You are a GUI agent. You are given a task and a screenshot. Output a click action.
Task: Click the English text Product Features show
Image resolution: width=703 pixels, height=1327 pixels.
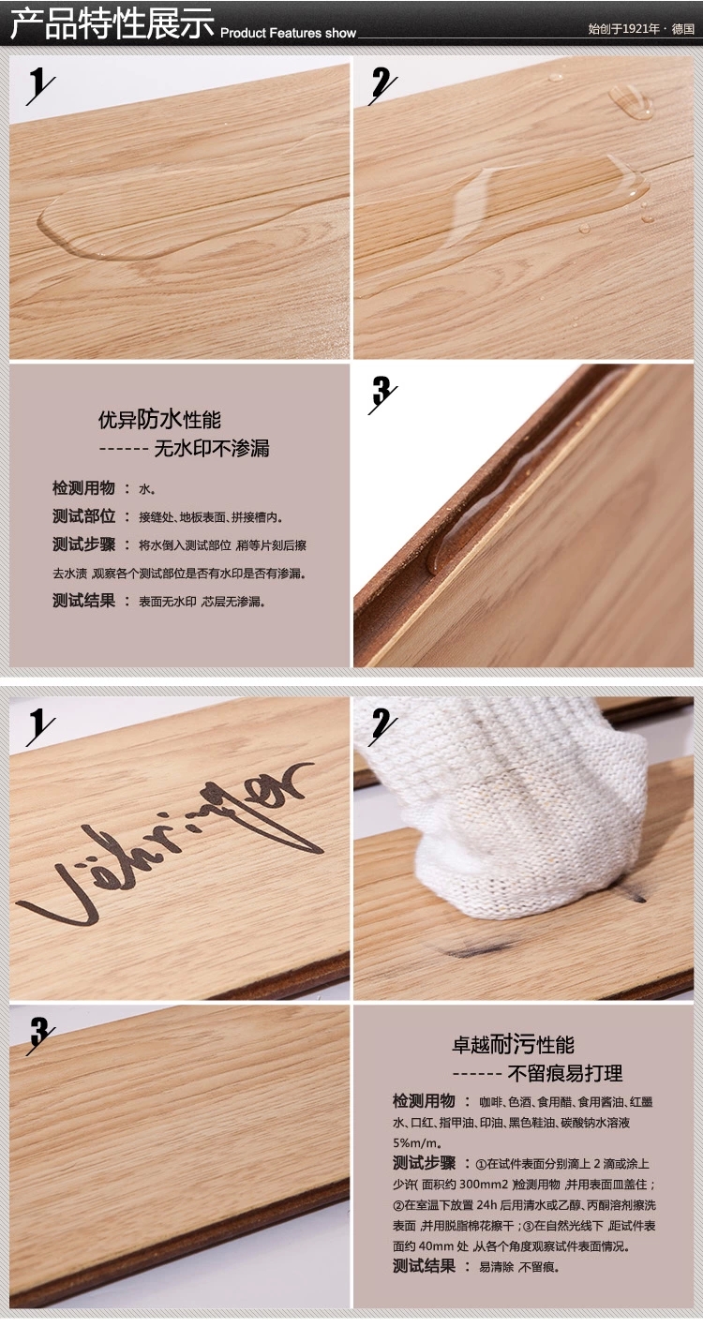[x=288, y=33]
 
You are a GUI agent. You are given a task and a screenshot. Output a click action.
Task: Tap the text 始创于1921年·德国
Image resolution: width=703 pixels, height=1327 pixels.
[x=641, y=29]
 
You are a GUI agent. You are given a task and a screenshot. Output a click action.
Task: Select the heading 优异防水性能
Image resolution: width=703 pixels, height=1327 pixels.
[x=159, y=420]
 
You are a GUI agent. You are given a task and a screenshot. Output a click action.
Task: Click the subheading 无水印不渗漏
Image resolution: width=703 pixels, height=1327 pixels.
[x=212, y=448]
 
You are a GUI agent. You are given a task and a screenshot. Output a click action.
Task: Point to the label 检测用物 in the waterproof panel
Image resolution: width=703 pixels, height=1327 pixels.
[x=83, y=488]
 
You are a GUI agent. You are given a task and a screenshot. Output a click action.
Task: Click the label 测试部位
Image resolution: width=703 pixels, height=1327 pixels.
[x=83, y=516]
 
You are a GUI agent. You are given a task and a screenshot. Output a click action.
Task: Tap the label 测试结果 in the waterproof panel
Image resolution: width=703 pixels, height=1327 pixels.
[x=83, y=601]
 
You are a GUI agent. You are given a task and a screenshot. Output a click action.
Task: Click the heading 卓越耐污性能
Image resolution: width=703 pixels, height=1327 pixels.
[x=513, y=1044]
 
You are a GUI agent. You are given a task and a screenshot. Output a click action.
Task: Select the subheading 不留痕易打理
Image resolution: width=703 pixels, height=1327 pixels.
[x=565, y=1073]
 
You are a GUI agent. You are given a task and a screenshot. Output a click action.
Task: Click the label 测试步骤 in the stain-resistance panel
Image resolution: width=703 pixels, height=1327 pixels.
[x=424, y=1163]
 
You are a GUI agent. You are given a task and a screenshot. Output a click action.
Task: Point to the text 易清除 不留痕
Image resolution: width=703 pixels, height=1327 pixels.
[x=519, y=1267]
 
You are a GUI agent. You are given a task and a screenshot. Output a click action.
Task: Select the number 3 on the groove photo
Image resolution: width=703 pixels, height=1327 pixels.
[x=381, y=392]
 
